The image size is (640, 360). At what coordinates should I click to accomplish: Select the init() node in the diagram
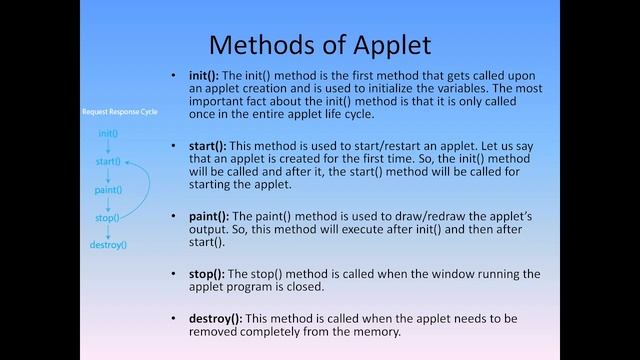(108, 133)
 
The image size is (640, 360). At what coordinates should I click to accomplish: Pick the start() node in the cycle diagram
(108, 161)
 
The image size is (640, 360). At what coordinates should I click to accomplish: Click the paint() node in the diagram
(108, 189)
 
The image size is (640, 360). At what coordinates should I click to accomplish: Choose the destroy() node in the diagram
(108, 244)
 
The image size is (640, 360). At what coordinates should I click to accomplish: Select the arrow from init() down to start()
(108, 147)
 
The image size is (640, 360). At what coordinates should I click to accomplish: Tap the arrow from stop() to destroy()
(108, 230)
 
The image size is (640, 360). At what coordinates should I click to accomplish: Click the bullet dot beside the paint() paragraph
(176, 216)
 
